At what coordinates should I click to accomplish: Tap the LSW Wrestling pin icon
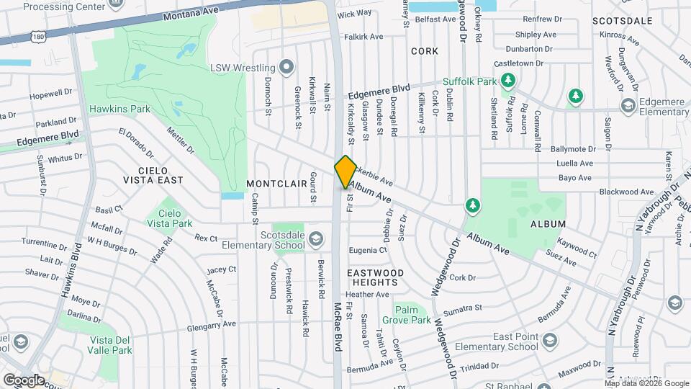click(x=287, y=68)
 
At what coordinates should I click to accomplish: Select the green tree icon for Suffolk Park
click(x=509, y=79)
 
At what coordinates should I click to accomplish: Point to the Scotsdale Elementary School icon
click(x=315, y=238)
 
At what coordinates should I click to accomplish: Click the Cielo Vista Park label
click(x=169, y=218)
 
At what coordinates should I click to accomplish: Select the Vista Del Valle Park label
click(x=109, y=345)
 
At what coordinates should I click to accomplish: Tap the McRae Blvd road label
click(x=337, y=326)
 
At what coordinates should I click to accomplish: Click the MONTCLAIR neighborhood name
click(x=277, y=184)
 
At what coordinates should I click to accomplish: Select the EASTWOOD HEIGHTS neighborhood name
click(x=372, y=277)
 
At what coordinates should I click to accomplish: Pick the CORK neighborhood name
click(x=424, y=51)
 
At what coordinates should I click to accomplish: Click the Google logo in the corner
click(x=24, y=379)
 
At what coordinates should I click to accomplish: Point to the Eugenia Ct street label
click(x=368, y=250)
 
